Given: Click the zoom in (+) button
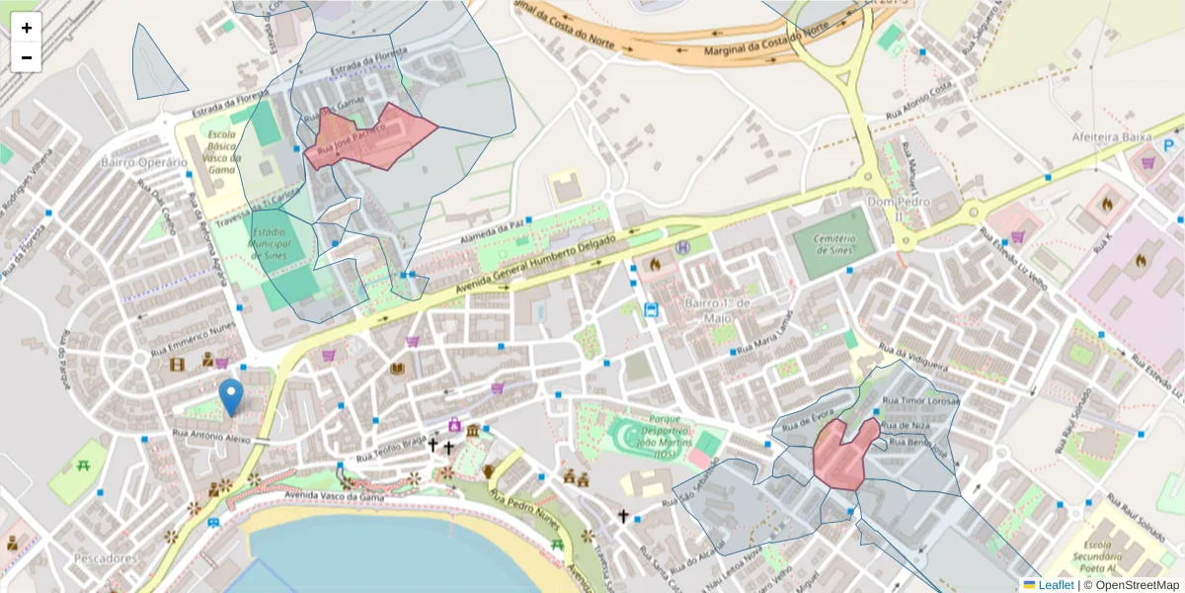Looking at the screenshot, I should pyautogui.click(x=27, y=28).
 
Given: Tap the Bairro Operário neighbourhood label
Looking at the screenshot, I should pyautogui.click(x=144, y=162).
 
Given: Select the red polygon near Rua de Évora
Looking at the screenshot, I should pyautogui.click(x=840, y=453).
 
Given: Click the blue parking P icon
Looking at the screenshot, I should pyautogui.click(x=1170, y=145).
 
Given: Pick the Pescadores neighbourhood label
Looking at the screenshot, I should pyautogui.click(x=105, y=558).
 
